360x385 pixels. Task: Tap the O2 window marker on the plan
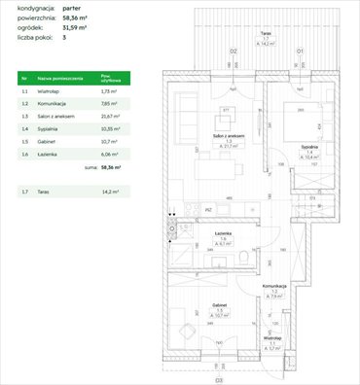pyautogui.click(x=233, y=50)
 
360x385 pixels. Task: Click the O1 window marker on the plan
pyautogui.click(x=300, y=50)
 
